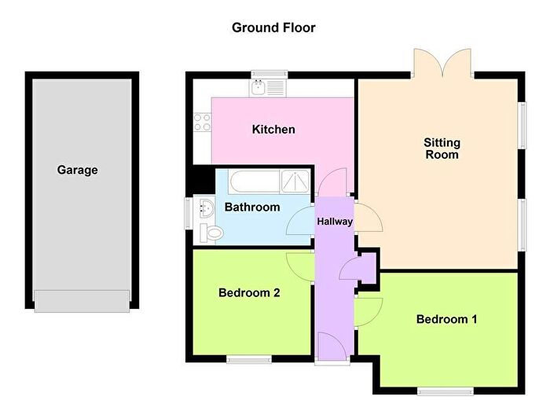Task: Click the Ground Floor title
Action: click(273, 28)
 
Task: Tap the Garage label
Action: click(77, 170)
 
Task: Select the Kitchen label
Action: click(273, 129)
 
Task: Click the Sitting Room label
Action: click(442, 149)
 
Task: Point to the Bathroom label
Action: click(252, 207)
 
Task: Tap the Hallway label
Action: click(335, 222)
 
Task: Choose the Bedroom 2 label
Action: click(249, 293)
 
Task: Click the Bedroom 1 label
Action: click(446, 319)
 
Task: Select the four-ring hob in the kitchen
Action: click(202, 123)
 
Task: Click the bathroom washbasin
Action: click(207, 209)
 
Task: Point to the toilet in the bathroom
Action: click(211, 232)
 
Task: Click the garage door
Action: click(82, 300)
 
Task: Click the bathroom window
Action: click(188, 214)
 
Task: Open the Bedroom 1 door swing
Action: click(368, 310)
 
